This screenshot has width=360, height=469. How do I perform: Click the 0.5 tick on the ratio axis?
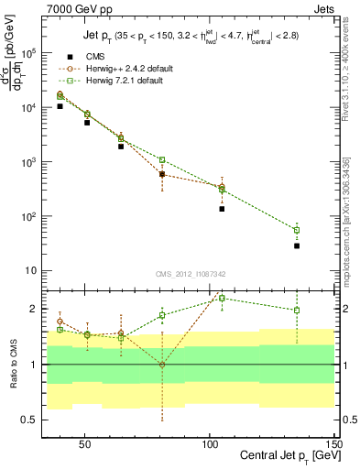tap(32, 420)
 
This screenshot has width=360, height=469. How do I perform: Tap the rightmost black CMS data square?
tap(297, 245)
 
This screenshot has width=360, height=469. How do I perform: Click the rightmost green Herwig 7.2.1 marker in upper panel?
tap(297, 230)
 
